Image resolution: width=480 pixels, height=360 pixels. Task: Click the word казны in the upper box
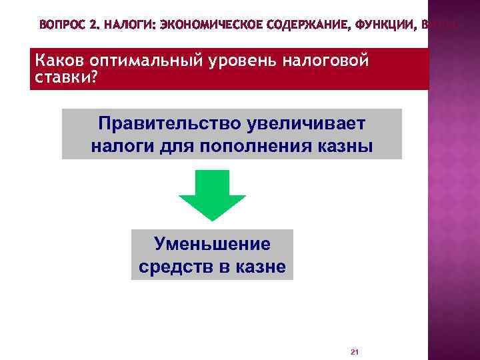[x=345, y=146]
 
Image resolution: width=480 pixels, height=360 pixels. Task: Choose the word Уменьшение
[x=212, y=244]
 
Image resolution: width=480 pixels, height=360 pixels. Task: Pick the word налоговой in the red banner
[x=326, y=61]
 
